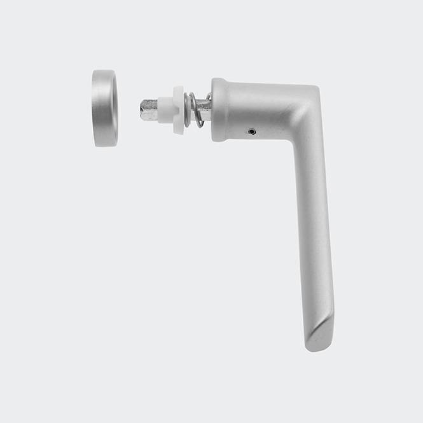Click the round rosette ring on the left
104,108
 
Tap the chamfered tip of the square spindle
142,109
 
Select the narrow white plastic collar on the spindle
167,109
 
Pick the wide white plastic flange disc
178,109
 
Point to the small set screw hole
252,132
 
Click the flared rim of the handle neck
217,109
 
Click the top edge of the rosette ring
104,71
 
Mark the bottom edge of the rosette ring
104,145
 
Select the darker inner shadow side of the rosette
113,108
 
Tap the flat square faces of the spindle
151,109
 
